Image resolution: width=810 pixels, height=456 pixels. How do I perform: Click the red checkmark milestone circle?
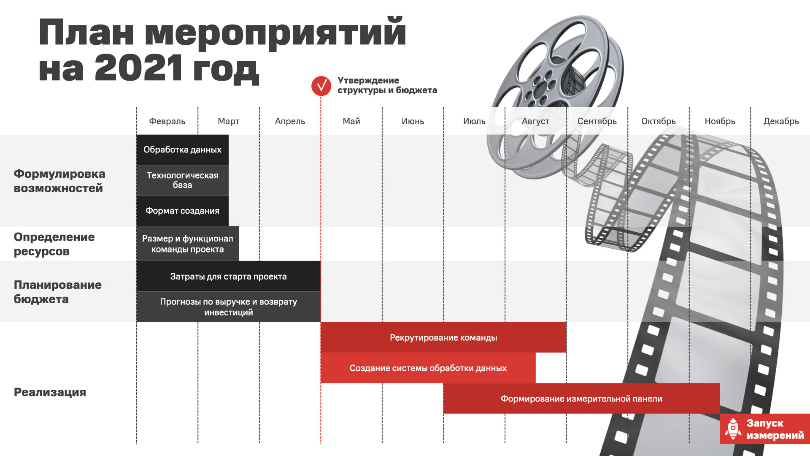tap(321, 86)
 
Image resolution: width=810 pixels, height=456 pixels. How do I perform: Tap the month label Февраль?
tap(167, 121)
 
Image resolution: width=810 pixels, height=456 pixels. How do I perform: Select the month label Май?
tap(351, 121)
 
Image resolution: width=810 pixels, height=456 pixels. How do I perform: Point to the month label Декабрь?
tap(781, 121)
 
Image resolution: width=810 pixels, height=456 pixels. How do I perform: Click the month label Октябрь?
tap(658, 121)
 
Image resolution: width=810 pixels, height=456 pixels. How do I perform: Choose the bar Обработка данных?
tap(182, 149)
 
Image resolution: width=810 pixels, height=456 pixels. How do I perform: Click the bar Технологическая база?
tap(182, 180)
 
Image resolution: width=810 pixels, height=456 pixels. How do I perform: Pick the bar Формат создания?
tap(182, 211)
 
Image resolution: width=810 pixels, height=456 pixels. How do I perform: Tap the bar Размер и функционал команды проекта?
tap(187, 244)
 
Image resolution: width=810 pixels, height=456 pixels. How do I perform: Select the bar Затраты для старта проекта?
tap(228, 276)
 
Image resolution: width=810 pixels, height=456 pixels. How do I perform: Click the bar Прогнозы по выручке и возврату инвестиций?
tap(228, 307)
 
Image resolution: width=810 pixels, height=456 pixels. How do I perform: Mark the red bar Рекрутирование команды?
tap(443, 337)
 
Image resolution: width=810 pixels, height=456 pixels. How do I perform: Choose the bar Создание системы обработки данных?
tap(428, 368)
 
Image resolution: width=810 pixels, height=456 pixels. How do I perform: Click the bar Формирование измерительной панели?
tap(581, 399)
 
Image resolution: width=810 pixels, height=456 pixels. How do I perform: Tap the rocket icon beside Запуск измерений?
tap(733, 429)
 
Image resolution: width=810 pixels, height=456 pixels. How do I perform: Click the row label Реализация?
tap(50, 392)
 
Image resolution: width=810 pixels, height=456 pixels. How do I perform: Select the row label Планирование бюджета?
tap(57, 292)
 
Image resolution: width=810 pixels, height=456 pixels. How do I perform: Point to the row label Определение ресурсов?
tap(54, 244)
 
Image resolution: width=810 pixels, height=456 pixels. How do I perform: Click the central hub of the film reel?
tap(541, 91)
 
